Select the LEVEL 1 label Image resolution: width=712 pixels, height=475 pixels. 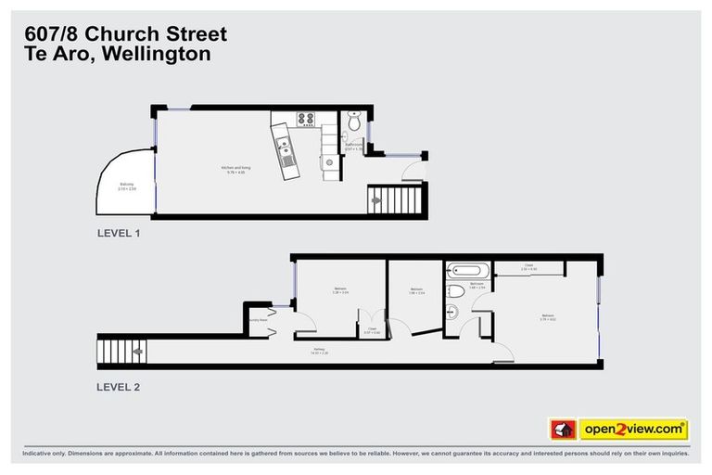[118, 233]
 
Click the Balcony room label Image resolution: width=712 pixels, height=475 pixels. [127, 187]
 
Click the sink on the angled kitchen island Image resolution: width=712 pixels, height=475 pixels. [284, 146]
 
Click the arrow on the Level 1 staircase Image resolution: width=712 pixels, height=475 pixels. [376, 199]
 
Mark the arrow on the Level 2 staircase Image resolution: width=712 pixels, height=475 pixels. [137, 352]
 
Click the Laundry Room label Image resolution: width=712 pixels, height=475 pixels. [257, 320]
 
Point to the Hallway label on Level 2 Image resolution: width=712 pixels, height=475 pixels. [320, 351]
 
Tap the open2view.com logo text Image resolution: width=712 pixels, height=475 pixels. [633, 430]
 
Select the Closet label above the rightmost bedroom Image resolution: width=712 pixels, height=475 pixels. [529, 267]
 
